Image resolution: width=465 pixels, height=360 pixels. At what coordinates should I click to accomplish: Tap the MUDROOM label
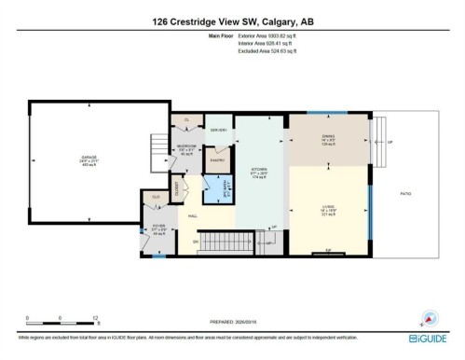186,149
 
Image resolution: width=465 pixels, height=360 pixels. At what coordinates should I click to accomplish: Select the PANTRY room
216,160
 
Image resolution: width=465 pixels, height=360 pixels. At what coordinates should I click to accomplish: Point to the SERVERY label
216,130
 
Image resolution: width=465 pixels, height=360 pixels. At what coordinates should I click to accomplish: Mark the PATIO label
405,194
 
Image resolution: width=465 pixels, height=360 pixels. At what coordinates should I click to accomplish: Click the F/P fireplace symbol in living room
328,250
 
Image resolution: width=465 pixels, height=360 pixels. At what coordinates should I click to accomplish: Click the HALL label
193,215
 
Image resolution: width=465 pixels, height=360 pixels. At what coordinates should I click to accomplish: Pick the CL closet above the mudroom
186,120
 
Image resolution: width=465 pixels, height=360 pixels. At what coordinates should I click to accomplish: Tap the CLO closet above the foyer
156,197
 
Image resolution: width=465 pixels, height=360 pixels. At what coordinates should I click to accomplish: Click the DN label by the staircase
195,243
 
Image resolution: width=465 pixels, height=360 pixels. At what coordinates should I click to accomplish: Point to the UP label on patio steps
389,142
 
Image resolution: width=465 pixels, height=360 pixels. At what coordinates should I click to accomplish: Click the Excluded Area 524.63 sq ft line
266,54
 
